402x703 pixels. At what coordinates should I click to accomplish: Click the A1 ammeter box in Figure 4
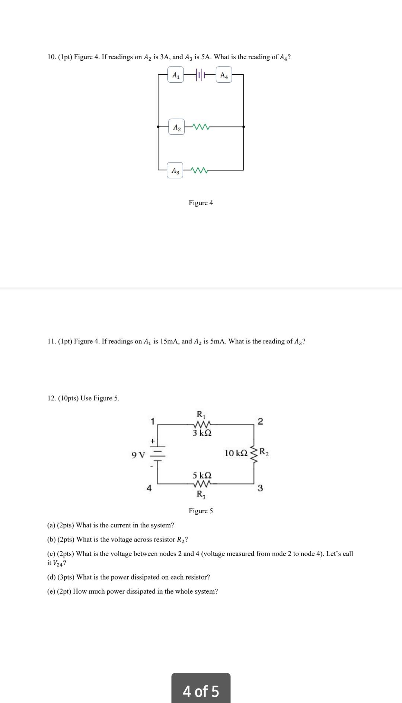176,75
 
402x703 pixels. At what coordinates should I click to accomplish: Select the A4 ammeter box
224,75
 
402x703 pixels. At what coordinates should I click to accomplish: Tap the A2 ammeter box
177,127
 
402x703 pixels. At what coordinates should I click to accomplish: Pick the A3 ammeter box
175,170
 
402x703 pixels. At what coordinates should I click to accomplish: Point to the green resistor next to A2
201,127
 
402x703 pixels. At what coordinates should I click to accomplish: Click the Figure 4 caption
201,203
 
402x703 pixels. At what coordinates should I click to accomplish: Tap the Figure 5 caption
201,511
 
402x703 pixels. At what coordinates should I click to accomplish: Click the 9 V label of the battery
138,455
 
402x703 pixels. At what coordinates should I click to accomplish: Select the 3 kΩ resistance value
202,433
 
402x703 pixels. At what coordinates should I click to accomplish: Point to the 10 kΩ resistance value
236,453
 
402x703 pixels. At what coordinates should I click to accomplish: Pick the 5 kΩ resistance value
202,475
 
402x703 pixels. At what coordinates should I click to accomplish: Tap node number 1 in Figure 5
152,422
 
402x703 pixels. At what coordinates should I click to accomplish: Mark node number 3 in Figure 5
260,488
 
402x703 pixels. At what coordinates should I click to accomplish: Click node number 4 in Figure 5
149,488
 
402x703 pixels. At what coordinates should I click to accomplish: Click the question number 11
51,341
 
